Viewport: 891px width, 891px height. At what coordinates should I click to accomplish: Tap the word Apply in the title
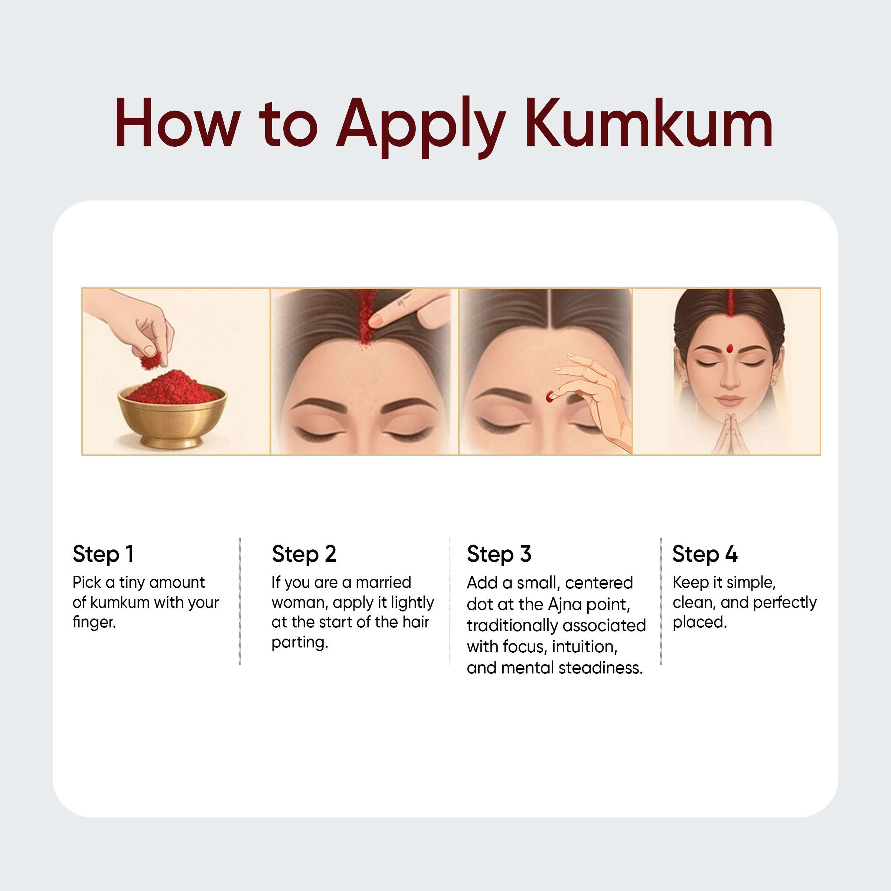(x=421, y=127)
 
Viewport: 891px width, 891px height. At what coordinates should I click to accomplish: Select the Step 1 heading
(x=103, y=554)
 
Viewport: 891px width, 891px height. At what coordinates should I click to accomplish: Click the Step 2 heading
(x=304, y=554)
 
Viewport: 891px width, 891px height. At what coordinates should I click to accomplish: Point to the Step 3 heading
(x=499, y=554)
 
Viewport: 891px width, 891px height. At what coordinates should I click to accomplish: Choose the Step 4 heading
(x=705, y=554)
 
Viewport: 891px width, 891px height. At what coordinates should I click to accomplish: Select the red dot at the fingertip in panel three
(x=549, y=396)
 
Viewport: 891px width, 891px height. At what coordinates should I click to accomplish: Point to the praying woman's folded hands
(x=730, y=434)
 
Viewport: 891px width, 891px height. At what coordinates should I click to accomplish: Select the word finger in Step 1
(x=94, y=623)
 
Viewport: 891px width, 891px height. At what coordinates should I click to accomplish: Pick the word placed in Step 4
(x=699, y=623)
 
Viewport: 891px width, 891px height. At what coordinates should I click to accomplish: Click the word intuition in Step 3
(x=584, y=647)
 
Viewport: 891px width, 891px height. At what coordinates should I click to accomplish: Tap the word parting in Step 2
(x=300, y=642)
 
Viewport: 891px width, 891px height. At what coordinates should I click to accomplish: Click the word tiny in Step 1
(x=132, y=583)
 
